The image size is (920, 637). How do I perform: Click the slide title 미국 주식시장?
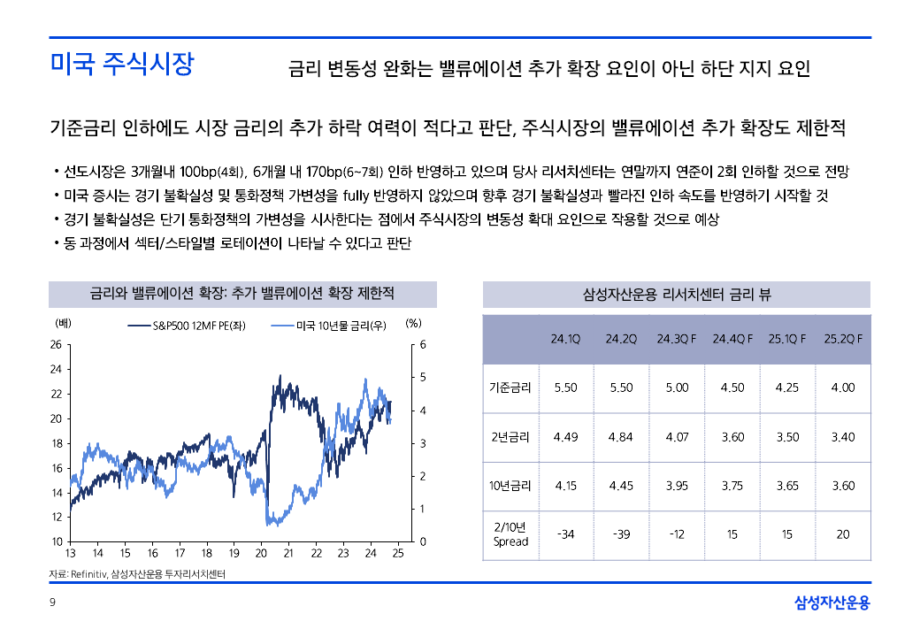121,65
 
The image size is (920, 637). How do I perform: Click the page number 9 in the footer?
52,603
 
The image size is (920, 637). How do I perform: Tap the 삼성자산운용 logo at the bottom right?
832,603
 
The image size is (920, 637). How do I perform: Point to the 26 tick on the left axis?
56,345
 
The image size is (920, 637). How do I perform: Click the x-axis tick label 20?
261,554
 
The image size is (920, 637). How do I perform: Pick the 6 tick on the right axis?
422,345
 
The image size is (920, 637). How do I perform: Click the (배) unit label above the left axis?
63,324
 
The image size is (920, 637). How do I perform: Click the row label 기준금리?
510,388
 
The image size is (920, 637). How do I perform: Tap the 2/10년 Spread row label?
510,534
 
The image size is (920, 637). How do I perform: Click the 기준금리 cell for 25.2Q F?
843,388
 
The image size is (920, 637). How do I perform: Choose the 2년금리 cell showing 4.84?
622,437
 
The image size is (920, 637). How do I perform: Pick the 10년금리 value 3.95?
677,486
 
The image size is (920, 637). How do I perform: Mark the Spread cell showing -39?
622,534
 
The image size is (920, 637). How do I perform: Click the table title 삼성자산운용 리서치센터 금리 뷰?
677,295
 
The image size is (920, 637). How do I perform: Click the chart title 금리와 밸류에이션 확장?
242,293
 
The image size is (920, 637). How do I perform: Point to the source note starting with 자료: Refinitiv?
137,575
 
